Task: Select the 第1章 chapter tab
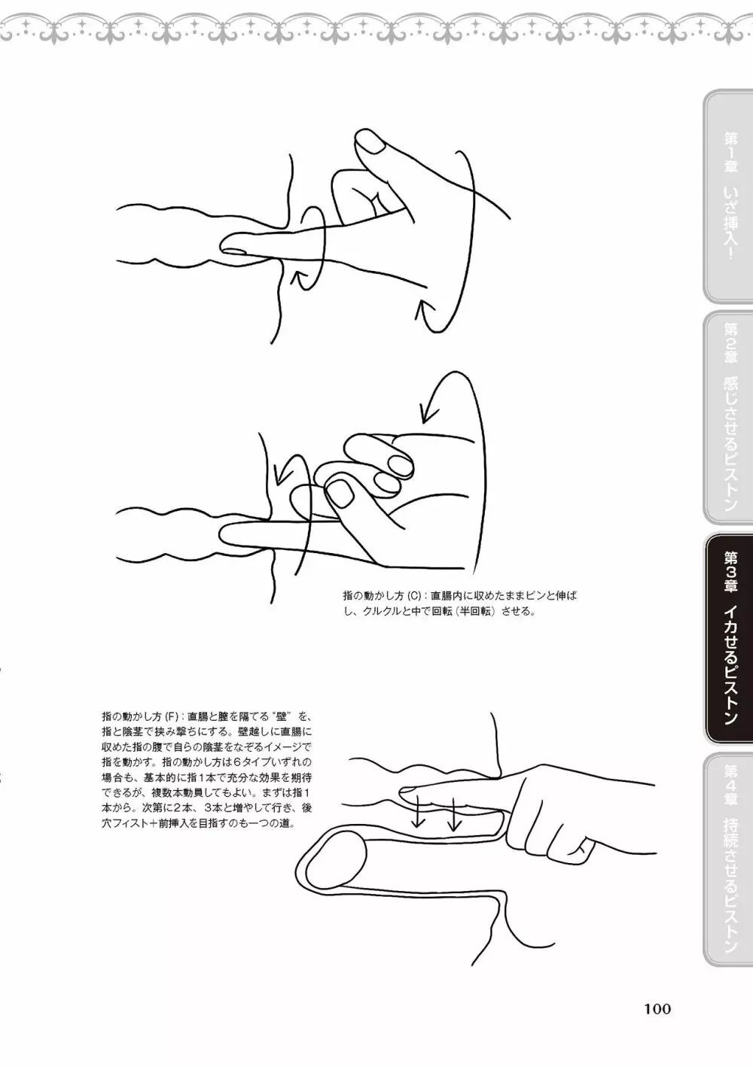[728, 196]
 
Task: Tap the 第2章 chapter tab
[728, 418]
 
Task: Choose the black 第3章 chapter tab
[728, 638]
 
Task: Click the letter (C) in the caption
[414, 595]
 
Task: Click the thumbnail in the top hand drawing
[370, 142]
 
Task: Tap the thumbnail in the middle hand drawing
[340, 494]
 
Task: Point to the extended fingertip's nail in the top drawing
[234, 251]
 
